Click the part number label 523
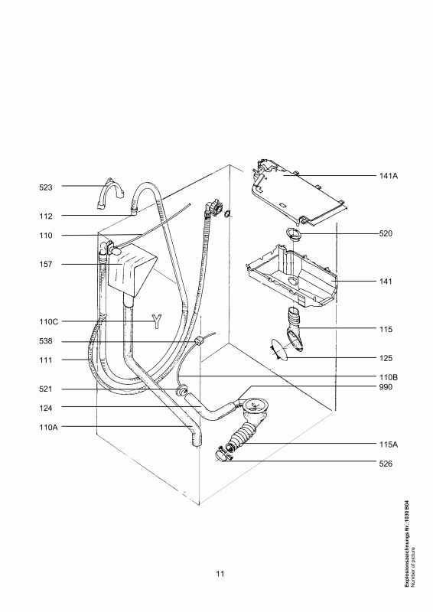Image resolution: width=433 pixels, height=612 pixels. tap(46, 187)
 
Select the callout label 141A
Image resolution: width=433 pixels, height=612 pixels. tap(389, 176)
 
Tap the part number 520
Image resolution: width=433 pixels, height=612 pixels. tap(386, 234)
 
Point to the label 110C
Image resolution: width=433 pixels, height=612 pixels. tap(48, 322)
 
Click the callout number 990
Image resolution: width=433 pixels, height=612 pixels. tap(386, 387)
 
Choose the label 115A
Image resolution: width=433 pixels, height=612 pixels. tap(389, 444)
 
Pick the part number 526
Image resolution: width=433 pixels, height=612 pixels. tap(386, 464)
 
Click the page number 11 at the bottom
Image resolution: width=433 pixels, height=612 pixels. tap(220, 574)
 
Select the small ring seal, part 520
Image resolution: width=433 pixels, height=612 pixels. tap(292, 233)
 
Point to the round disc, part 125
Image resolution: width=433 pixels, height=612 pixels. tap(280, 350)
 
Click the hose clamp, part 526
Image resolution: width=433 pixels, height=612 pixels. tap(223, 454)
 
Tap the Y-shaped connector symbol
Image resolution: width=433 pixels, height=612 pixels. tap(157, 321)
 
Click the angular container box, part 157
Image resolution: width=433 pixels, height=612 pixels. tap(131, 270)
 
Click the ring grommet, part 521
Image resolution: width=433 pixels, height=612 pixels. tap(181, 390)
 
